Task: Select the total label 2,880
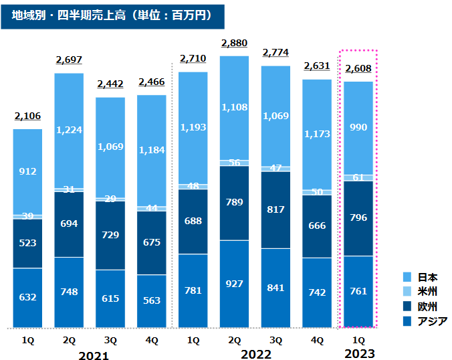(x=234, y=43)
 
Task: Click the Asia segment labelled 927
(x=234, y=284)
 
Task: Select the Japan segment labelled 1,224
(x=69, y=130)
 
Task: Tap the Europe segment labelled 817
(x=275, y=209)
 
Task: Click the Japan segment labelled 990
(x=358, y=127)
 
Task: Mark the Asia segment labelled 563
(x=152, y=300)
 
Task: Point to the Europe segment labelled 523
(x=28, y=243)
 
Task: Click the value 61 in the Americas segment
(x=358, y=177)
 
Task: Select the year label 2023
(x=358, y=354)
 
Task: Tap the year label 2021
(x=94, y=355)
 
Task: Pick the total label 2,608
(x=358, y=69)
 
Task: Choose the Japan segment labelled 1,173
(x=317, y=134)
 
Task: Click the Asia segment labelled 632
(x=28, y=298)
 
